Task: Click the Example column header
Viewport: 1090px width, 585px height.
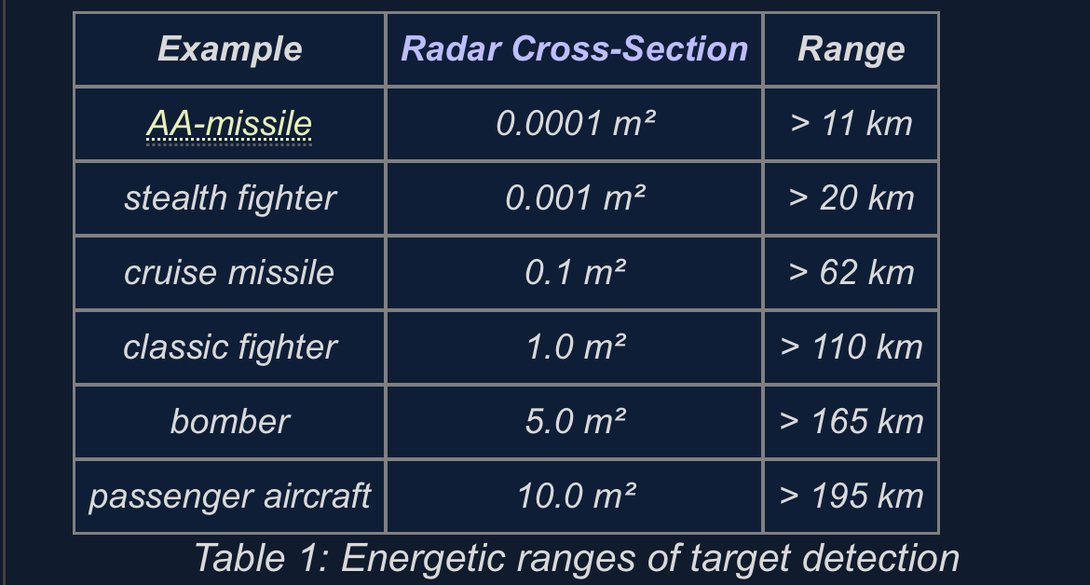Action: point(229,49)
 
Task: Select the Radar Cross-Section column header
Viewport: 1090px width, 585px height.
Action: point(574,48)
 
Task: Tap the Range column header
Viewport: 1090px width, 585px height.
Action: point(851,49)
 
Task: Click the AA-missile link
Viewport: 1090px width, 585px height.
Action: point(228,124)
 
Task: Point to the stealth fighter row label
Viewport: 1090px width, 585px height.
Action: point(230,198)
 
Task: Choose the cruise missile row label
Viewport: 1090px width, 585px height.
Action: point(228,272)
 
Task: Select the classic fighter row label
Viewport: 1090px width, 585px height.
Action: point(230,347)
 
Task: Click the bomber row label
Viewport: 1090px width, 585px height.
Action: point(229,421)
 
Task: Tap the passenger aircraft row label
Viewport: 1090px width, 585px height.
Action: point(229,497)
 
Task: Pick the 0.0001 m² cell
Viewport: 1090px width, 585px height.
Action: point(575,124)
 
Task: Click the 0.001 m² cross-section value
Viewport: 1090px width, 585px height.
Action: point(575,198)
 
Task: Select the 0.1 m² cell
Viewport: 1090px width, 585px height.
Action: point(575,272)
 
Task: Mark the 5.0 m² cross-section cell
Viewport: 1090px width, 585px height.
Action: point(575,421)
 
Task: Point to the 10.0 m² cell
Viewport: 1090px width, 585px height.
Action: point(576,497)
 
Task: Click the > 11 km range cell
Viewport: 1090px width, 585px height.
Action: point(851,124)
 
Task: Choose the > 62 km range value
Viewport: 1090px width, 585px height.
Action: point(851,272)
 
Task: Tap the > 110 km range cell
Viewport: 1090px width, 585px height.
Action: point(851,347)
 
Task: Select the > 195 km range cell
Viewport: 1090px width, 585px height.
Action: point(851,497)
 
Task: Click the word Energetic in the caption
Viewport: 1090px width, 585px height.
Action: point(423,559)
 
